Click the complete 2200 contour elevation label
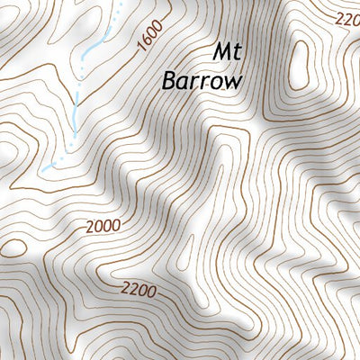click(139, 292)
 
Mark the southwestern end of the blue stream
click(41, 168)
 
